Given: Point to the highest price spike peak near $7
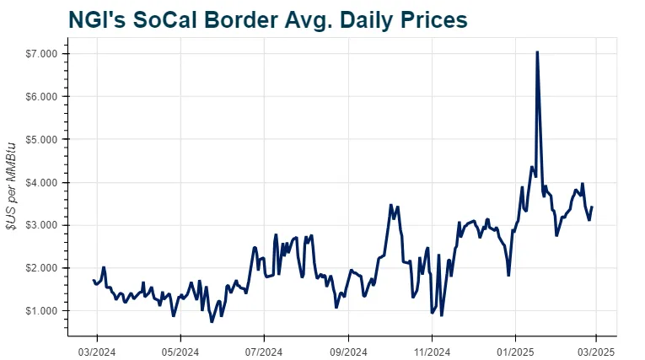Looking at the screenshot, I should click(x=537, y=52).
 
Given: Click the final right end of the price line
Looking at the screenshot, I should click(x=592, y=207).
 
